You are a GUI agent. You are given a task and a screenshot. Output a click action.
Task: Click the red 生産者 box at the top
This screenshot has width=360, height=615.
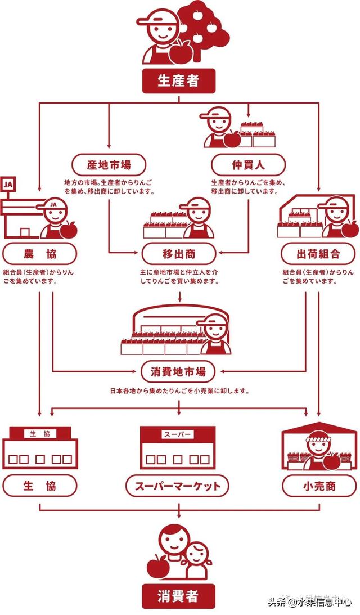click(178, 81)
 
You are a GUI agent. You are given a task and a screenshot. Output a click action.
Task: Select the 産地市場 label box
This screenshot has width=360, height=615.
click(109, 165)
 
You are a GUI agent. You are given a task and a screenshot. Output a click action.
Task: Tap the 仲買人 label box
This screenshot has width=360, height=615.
click(248, 165)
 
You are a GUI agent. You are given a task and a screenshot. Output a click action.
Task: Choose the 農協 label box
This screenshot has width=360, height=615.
click(39, 253)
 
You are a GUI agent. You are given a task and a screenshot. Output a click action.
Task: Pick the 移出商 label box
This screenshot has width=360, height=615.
click(178, 253)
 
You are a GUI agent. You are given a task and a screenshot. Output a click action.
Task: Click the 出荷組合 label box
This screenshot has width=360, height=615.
click(318, 253)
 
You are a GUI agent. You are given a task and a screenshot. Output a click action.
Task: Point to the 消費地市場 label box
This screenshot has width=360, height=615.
click(178, 371)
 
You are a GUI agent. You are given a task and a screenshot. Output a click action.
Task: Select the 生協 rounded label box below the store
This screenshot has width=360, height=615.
click(39, 485)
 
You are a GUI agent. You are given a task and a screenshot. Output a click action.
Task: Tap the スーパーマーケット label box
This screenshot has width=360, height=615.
click(178, 485)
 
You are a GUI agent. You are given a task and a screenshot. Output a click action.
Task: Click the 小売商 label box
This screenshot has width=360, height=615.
click(318, 485)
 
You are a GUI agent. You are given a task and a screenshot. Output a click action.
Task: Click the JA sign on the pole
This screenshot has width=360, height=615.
click(8, 184)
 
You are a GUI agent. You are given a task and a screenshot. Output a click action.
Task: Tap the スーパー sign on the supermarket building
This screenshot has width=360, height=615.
click(178, 434)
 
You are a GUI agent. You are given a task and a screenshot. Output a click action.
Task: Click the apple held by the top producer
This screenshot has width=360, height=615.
click(181, 52)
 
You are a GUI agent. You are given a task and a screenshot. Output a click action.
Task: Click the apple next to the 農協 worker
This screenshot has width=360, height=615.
click(70, 228)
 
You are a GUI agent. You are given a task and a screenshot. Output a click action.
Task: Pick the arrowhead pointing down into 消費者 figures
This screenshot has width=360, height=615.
click(179, 516)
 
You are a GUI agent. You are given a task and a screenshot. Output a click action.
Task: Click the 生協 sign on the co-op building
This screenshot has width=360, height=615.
click(39, 434)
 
